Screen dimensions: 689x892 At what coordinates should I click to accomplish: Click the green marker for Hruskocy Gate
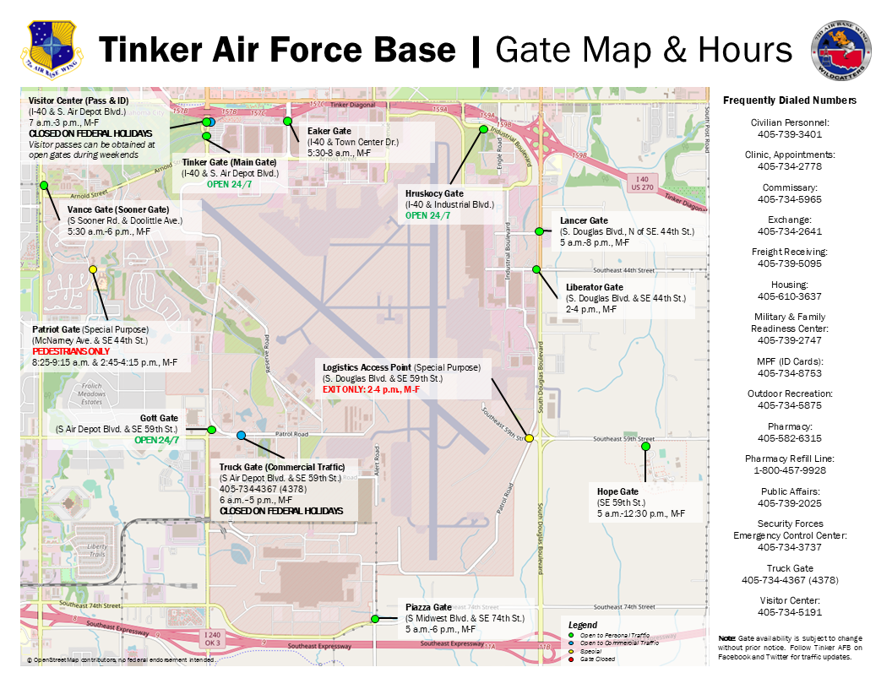[x=484, y=129]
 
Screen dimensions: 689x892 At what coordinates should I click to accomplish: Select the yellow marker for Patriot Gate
[x=93, y=269]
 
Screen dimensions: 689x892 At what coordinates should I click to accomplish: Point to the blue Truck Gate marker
[x=242, y=435]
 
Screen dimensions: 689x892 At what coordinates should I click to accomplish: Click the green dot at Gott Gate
[x=212, y=430]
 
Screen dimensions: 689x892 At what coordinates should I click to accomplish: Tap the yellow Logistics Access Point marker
[x=529, y=438]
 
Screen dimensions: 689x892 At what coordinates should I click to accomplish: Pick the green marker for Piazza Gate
[x=374, y=619]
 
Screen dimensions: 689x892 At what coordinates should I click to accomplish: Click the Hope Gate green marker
[x=645, y=447]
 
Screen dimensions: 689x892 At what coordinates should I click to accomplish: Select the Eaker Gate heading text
[x=329, y=131]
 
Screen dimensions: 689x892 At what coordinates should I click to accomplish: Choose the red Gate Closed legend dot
[x=572, y=659]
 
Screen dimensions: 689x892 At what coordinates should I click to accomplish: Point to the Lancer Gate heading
[x=584, y=220]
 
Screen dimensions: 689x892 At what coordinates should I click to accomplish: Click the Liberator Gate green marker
[x=536, y=269]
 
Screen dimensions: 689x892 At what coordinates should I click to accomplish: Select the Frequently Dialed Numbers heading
[x=789, y=100]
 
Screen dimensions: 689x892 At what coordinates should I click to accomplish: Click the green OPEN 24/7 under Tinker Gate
[x=230, y=184]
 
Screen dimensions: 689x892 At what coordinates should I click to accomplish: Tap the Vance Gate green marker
[x=44, y=185]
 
